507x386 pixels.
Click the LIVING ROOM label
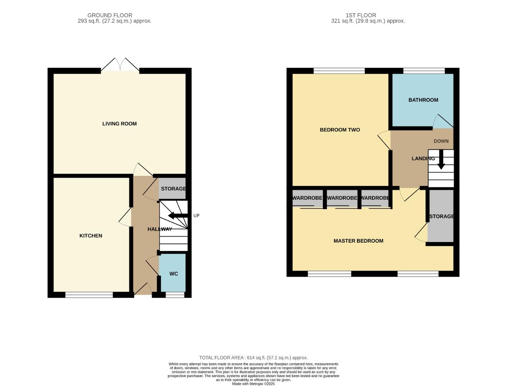[119, 124]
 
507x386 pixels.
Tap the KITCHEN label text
[91, 236]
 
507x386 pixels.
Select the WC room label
[174, 274]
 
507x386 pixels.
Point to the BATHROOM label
[423, 100]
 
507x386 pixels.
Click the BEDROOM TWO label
[340, 130]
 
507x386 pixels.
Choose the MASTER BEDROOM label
[358, 241]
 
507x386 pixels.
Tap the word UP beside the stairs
[197, 216]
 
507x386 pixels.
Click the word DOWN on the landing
[441, 141]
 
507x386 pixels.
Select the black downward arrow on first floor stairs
[441, 160]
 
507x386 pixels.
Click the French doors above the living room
[120, 66]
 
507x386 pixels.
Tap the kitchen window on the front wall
[89, 295]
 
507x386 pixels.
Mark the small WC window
[175, 295]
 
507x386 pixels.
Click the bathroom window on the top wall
[424, 71]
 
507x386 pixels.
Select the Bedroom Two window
[339, 71]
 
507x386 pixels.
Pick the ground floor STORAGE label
[173, 189]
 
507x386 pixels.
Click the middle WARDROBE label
[342, 198]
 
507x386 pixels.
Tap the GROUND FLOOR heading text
[110, 15]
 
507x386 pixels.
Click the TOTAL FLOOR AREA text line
[253, 358]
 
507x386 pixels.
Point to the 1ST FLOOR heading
[361, 15]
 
